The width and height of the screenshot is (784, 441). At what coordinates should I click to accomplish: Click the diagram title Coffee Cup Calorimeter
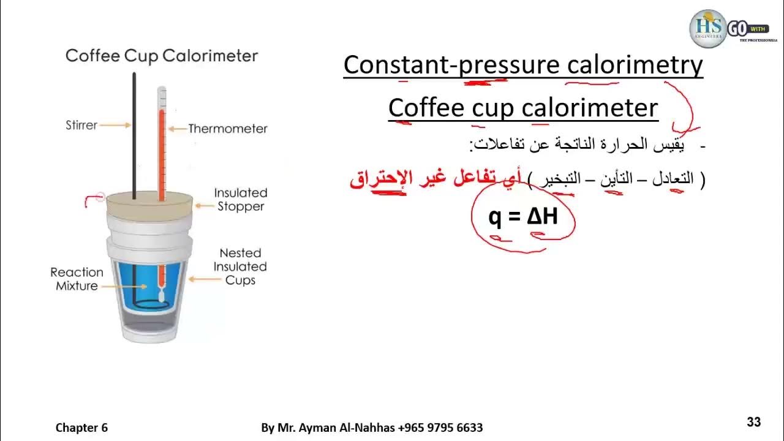tap(162, 56)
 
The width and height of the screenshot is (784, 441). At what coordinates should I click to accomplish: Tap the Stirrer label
tap(81, 125)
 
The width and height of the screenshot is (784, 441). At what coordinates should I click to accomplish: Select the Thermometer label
tap(227, 129)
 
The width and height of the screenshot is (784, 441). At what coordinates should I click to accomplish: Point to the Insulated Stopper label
tap(240, 200)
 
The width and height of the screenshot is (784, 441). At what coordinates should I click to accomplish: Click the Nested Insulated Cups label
tap(240, 266)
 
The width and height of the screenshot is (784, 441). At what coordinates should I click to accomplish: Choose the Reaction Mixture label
tap(77, 279)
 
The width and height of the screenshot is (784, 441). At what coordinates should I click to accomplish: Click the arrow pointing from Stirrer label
tap(115, 125)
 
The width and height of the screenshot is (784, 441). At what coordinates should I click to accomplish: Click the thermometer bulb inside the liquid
tap(162, 296)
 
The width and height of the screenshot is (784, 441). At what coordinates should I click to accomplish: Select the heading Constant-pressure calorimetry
tap(523, 65)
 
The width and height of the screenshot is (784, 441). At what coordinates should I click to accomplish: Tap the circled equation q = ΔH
tap(523, 216)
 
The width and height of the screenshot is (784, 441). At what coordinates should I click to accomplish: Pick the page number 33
tap(753, 421)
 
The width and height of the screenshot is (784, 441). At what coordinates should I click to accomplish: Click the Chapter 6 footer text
tap(81, 428)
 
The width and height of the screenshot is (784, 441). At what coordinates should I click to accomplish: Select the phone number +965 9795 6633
tap(440, 428)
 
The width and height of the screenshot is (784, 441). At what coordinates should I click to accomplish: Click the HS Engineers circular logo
tap(707, 28)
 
